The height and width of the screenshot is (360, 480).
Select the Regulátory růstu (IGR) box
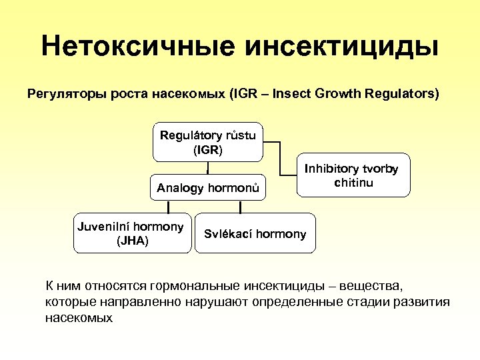pos(208,142)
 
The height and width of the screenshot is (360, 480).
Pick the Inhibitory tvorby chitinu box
pos(353,175)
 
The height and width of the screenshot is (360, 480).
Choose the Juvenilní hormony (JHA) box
pos(131,233)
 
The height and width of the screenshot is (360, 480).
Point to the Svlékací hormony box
pos(255,233)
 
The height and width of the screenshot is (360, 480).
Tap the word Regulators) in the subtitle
pos(403,94)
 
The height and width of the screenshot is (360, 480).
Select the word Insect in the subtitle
pos(290,94)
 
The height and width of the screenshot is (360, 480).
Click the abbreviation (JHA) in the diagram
pos(131,241)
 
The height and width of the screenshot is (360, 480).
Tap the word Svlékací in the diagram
pos(225,234)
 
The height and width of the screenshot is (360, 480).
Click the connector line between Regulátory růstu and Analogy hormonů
pos(208,168)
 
